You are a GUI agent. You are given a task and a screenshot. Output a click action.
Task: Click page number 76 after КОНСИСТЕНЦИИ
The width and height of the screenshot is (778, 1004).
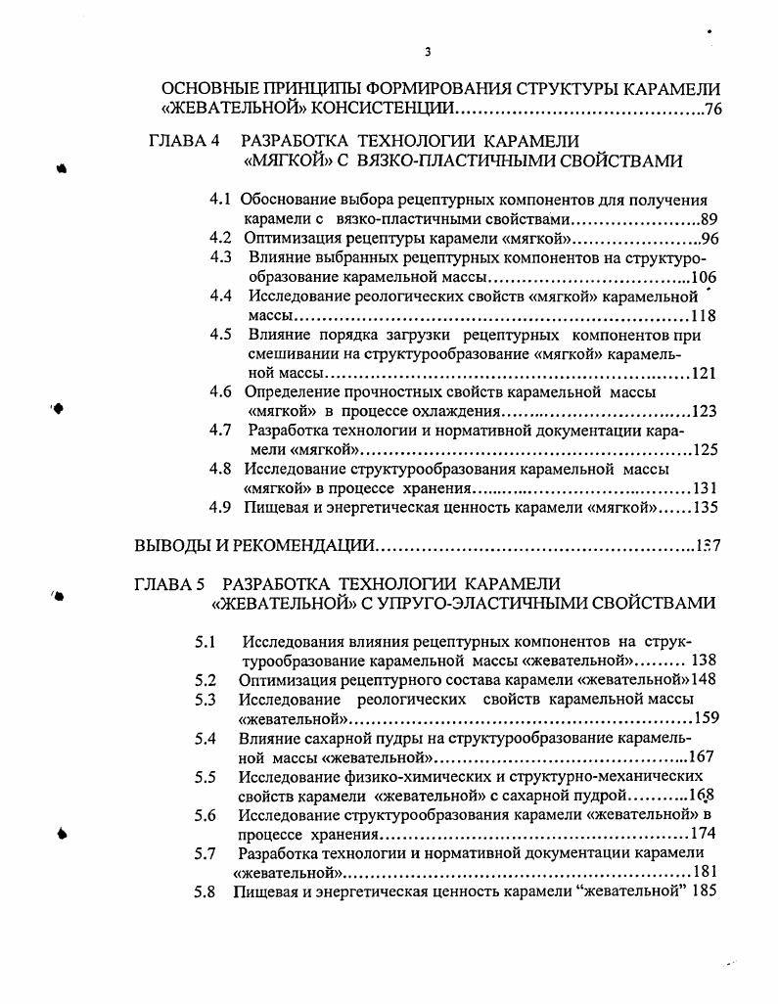click(712, 109)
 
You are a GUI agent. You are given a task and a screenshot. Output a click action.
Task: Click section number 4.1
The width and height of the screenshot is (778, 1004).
click(220, 200)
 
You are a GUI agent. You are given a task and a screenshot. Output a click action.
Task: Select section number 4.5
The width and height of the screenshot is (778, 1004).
click(220, 335)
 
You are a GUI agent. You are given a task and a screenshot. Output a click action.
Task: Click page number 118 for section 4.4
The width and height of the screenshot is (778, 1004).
click(703, 316)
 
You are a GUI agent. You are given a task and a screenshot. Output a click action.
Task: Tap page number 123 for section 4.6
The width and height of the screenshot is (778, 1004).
click(705, 411)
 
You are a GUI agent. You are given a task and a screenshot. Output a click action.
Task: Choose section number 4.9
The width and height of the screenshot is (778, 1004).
click(220, 507)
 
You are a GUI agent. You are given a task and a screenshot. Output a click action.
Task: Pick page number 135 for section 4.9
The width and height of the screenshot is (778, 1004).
click(705, 507)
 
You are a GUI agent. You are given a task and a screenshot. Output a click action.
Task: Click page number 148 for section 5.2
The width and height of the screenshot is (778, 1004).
click(705, 679)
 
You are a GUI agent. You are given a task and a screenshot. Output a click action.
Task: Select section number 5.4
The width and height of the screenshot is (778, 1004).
click(205, 739)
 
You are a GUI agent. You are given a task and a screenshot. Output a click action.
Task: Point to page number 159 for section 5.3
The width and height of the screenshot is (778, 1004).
click(705, 717)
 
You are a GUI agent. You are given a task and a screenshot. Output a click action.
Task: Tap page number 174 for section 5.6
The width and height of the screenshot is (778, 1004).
click(703, 834)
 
